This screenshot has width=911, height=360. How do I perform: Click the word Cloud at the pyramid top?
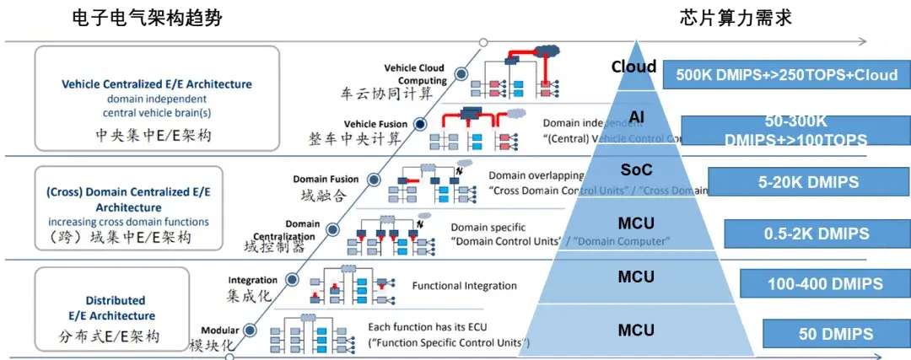pos(633,67)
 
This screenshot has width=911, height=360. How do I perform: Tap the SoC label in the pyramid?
pos(636,171)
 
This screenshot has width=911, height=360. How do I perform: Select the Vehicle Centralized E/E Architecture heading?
pos(157,84)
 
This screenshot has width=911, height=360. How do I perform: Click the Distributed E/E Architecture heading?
pos(116,308)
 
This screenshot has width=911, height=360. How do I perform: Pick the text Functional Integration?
pos(464,286)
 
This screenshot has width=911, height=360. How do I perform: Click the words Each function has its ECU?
pos(441,326)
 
